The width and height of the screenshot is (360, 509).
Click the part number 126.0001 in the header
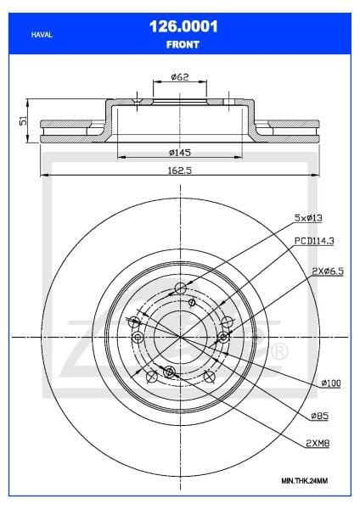[179, 27]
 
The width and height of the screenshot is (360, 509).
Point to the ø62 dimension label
[179, 76]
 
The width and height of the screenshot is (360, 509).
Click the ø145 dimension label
[179, 152]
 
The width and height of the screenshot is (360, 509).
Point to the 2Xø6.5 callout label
[326, 271]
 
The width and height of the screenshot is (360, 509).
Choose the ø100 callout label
[330, 383]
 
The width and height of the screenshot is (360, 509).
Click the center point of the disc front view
[179, 337]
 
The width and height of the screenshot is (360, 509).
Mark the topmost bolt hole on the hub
[179, 289]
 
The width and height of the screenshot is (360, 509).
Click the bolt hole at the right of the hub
[224, 337]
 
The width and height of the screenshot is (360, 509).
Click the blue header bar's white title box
[179, 33]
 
